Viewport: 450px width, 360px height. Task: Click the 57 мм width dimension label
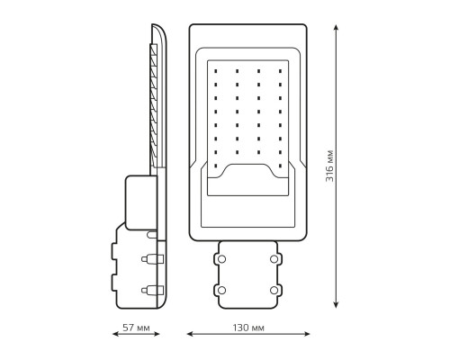136,328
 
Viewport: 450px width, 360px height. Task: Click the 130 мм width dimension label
248,328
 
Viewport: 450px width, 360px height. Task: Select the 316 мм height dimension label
329,166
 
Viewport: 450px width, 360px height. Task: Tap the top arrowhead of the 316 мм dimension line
337,28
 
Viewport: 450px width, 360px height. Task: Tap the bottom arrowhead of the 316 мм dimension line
337,304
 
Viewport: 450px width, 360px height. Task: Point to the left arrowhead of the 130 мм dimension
190,334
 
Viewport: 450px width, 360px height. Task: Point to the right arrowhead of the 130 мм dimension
307,334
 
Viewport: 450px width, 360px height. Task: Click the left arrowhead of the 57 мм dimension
115,334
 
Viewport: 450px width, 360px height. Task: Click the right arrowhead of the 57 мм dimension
157,334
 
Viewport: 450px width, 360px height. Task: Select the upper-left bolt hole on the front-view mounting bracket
221,259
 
